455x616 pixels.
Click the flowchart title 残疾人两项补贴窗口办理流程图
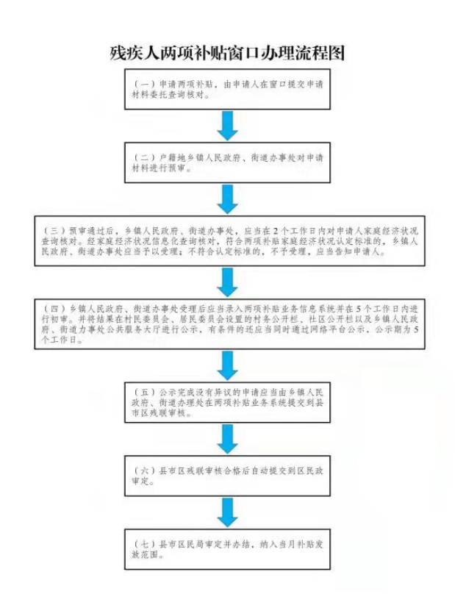point(227,54)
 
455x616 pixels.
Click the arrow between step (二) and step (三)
point(229,198)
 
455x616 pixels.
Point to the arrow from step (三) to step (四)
point(229,282)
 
